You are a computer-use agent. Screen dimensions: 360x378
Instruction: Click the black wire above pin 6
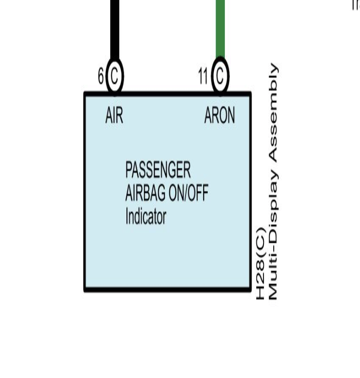click(114, 29)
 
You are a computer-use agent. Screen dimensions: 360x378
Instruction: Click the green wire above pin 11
click(220, 29)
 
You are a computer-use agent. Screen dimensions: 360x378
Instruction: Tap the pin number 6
click(101, 76)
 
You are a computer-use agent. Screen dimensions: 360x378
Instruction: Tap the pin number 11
click(203, 76)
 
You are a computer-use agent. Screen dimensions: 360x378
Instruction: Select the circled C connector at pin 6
click(114, 76)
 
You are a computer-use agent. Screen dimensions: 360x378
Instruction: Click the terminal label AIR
click(114, 116)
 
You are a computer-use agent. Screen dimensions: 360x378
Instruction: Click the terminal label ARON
click(219, 116)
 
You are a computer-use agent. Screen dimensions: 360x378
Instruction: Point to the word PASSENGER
click(158, 170)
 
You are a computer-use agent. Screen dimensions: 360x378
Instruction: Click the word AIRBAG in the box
click(145, 193)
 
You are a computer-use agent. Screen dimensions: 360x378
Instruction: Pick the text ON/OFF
click(188, 193)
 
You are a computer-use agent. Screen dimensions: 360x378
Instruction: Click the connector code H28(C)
click(261, 263)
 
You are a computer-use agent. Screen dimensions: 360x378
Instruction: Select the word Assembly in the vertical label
click(274, 112)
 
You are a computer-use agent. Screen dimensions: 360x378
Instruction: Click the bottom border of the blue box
click(168, 289)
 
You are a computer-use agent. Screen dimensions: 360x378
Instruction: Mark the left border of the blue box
click(85, 192)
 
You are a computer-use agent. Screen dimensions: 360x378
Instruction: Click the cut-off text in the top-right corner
click(356, 4)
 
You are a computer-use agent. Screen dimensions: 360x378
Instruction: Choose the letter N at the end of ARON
click(231, 116)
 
